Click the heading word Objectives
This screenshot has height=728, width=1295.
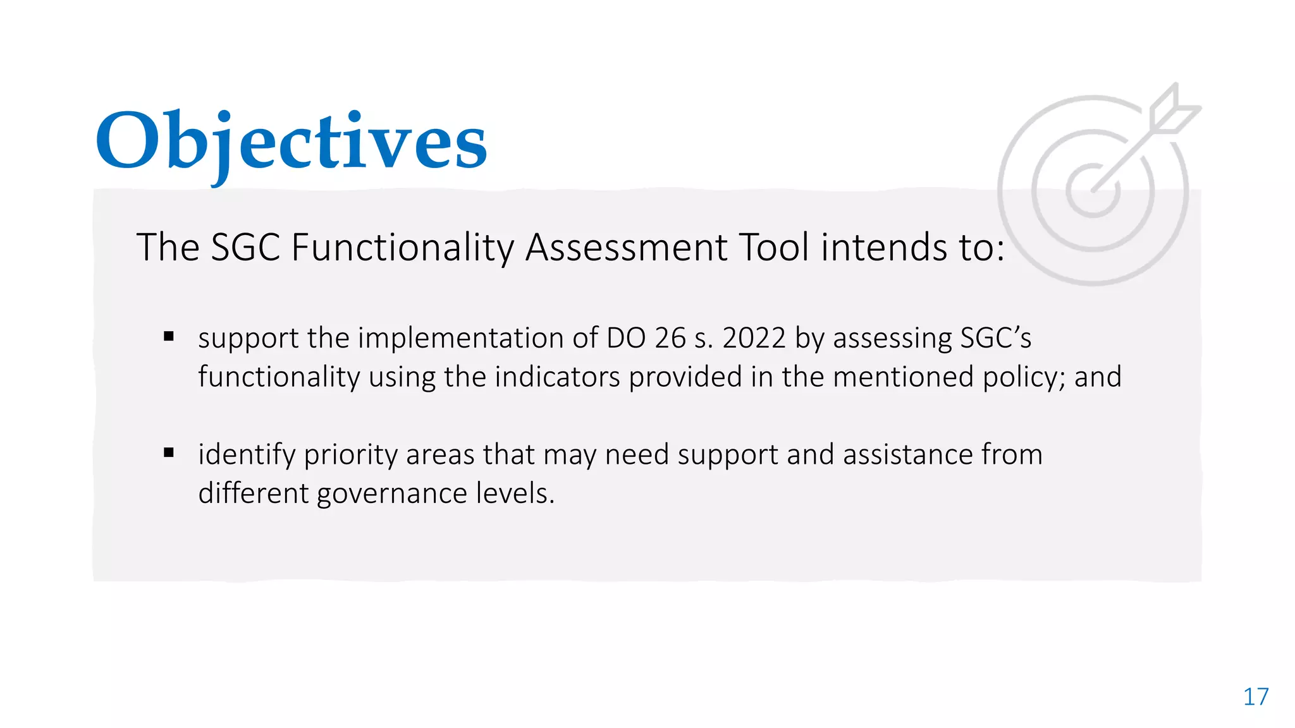click(x=291, y=142)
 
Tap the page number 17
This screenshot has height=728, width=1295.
click(x=1256, y=697)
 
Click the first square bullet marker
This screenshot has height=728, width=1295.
click(x=169, y=336)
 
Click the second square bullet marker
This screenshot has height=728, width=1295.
click(x=169, y=452)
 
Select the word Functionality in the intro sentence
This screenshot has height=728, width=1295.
click(x=402, y=248)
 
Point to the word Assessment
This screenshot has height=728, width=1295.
click(x=626, y=248)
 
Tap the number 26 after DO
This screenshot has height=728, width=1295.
click(x=670, y=338)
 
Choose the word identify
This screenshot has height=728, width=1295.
click(x=247, y=455)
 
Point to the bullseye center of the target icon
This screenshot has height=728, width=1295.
click(x=1093, y=190)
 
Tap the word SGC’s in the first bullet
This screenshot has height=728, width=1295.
click(x=996, y=338)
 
